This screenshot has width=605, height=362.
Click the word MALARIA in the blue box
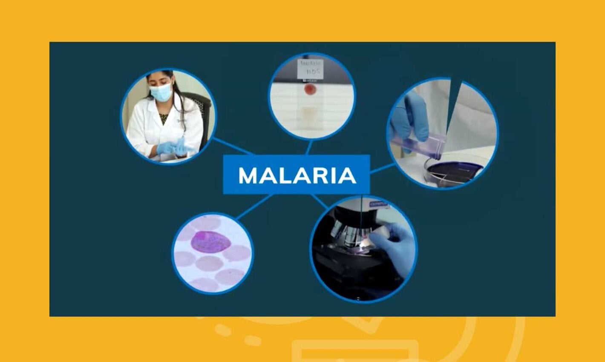pyautogui.click(x=297, y=175)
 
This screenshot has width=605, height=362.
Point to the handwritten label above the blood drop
pyautogui.click(x=311, y=67)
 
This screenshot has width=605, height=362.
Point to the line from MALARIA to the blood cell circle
pyautogui.click(x=254, y=207)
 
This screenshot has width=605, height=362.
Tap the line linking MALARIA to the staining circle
pyautogui.click(x=382, y=168)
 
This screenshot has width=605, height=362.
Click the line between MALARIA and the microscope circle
pyautogui.click(x=320, y=201)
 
